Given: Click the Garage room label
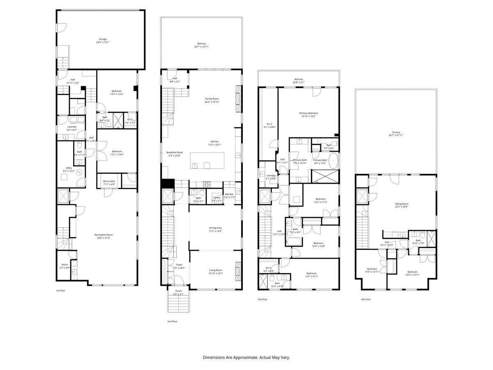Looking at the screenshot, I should (102, 39).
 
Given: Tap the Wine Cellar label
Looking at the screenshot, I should (108, 181).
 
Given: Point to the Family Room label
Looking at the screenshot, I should (212, 99).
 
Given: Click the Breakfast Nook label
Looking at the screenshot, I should (175, 153).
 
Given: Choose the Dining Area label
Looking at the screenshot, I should (215, 228).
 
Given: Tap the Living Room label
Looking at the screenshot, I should (215, 270).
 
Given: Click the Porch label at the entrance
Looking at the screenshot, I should (178, 291).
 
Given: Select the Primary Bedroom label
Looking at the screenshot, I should (308, 113).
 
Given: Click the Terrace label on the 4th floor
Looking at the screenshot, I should (396, 132).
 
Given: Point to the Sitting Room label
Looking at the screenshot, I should (402, 204).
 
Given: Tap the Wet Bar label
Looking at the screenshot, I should (229, 194).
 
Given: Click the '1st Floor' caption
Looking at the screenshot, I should (60, 291).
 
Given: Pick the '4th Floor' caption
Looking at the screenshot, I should (366, 299).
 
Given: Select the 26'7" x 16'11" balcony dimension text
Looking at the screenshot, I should (201, 47).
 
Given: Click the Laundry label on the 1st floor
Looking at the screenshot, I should (72, 127).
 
